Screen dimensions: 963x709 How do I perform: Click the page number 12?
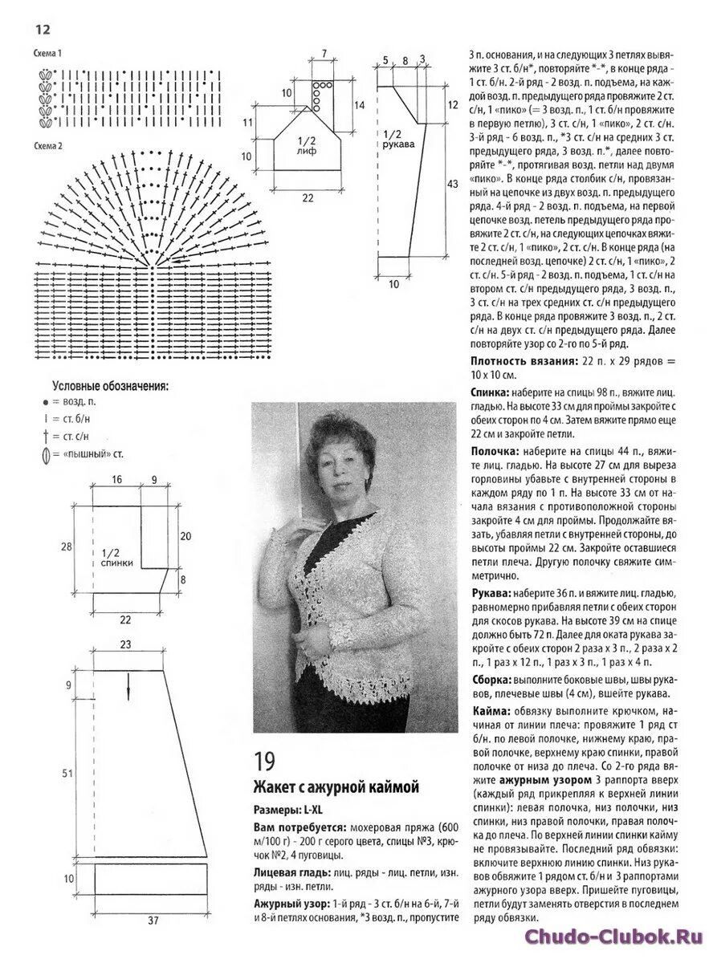click(43, 30)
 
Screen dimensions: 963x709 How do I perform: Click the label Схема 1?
click(48, 53)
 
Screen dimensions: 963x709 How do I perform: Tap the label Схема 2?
click(48, 147)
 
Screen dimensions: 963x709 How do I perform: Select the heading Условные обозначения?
click(111, 385)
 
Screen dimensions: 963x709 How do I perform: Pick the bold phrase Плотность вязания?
click(523, 362)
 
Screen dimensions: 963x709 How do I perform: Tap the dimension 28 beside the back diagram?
click(66, 547)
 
